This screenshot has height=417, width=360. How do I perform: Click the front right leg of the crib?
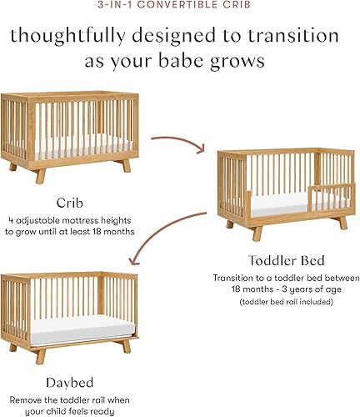tap(125, 165)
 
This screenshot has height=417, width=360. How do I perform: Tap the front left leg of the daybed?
tap(40, 354)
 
